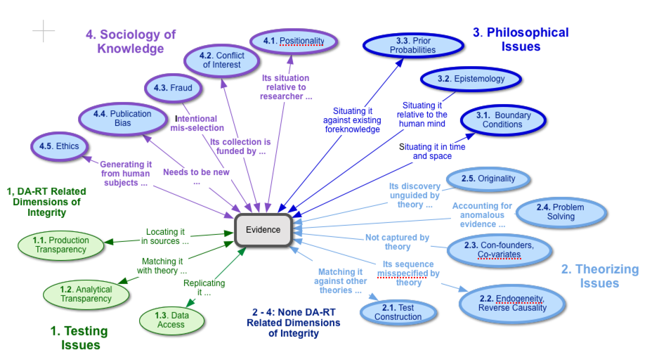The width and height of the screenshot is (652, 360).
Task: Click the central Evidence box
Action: coord(263,229)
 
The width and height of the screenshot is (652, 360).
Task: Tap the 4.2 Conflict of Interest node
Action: coord(221,60)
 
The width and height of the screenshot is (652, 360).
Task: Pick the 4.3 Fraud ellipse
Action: coord(173,89)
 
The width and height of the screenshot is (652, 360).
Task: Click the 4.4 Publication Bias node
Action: coord(122,118)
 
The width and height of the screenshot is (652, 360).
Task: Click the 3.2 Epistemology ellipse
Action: coord(471,79)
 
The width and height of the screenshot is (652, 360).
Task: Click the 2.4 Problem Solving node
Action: coord(560,212)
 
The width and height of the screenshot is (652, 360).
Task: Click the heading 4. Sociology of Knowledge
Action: coord(130,41)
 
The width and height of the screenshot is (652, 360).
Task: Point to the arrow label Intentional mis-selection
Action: coord(197,124)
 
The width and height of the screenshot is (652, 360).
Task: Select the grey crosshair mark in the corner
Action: coord(43,30)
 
